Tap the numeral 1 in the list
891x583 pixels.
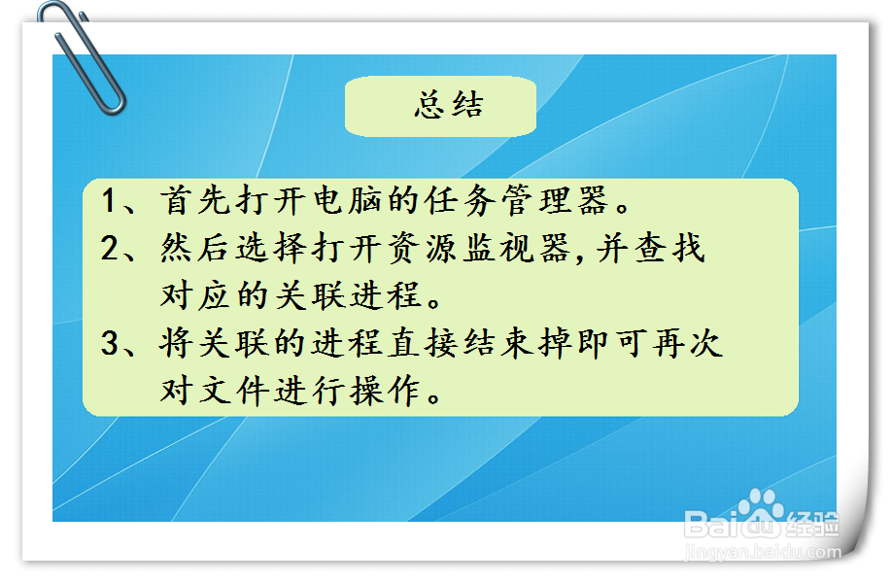pos(110,201)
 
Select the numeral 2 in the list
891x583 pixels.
pos(110,249)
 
